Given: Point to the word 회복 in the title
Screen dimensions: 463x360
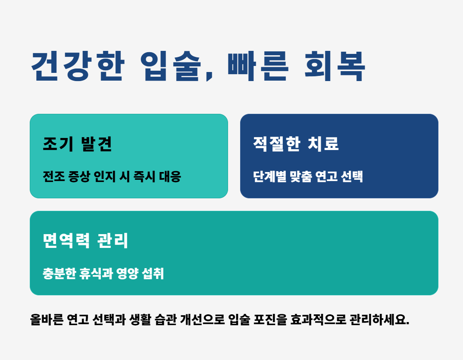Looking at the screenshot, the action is pyautogui.click(x=335, y=66).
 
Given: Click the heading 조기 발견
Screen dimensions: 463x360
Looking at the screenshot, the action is pyautogui.click(x=78, y=144).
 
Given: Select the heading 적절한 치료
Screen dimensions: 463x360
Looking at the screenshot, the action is pyautogui.click(x=296, y=144).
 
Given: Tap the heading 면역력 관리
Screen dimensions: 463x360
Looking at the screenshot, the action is pyautogui.click(x=85, y=241).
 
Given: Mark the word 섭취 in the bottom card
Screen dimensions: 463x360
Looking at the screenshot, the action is pyautogui.click(x=153, y=273).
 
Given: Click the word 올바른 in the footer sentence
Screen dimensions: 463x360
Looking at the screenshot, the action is pyautogui.click(x=47, y=319).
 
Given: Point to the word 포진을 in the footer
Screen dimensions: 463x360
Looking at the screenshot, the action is pyautogui.click(x=270, y=319).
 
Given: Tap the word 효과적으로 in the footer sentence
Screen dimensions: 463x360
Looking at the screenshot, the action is pyautogui.click(x=318, y=319).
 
